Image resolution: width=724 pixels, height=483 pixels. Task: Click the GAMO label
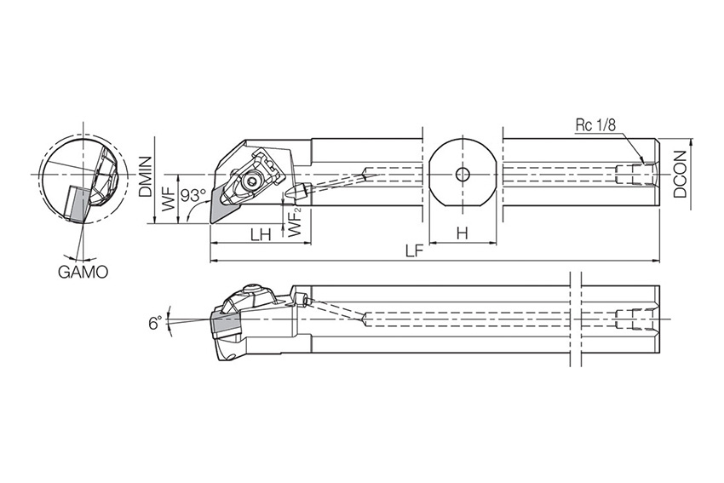(83, 273)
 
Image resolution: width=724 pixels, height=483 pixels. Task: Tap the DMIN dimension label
(145, 176)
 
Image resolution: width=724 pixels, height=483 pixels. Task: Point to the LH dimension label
(261, 234)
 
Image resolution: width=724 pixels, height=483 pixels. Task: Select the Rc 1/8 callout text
(595, 125)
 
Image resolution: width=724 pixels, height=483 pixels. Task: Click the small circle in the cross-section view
(462, 175)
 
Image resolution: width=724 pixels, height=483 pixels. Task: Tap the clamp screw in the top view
(253, 181)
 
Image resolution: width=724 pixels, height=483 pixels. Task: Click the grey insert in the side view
(226, 324)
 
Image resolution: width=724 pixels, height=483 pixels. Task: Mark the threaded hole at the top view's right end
(635, 175)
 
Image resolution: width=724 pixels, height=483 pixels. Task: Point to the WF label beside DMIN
(169, 198)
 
